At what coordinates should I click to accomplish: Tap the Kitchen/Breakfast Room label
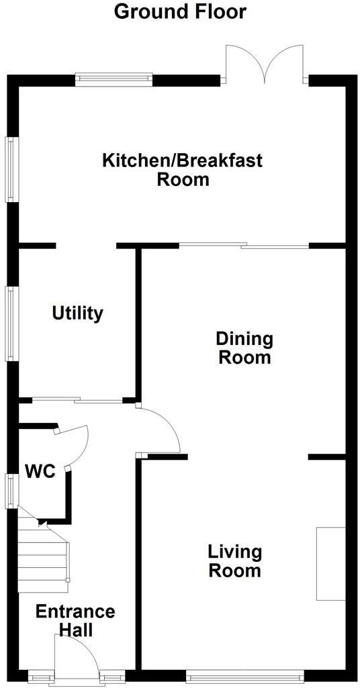[x=182, y=170]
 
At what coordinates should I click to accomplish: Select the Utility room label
[x=78, y=313]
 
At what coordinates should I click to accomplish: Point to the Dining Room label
[x=244, y=347]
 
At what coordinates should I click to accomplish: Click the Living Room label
[x=234, y=561]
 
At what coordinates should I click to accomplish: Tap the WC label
[x=40, y=471]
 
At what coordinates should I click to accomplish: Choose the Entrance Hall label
[x=75, y=621]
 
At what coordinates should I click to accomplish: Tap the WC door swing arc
[x=75, y=443]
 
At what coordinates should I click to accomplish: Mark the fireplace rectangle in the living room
[x=330, y=563]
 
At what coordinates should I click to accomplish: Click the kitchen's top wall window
[x=114, y=79]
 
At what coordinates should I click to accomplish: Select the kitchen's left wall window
[x=11, y=169]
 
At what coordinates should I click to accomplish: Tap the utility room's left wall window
[x=11, y=323]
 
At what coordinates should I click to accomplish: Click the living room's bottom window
[x=244, y=676]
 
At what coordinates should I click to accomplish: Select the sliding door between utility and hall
[x=78, y=401]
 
